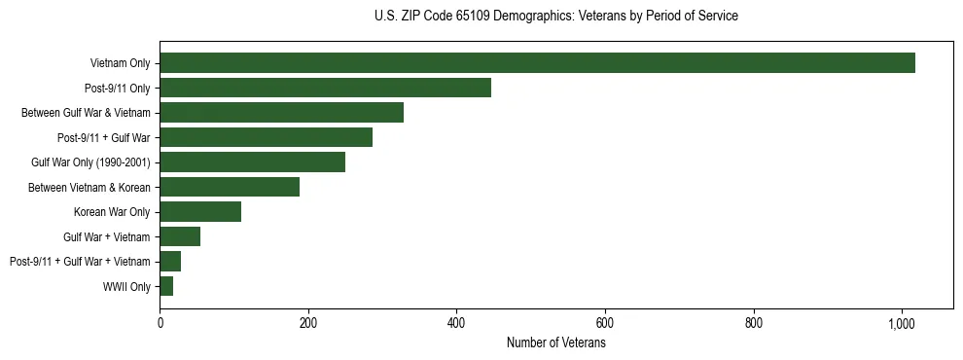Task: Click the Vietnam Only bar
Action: [x=537, y=63]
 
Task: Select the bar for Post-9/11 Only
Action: [x=325, y=88]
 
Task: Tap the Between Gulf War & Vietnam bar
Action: [x=281, y=113]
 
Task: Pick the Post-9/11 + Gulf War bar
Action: [x=266, y=137]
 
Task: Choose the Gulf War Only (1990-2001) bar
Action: [x=252, y=162]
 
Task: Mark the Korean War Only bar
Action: [x=200, y=212]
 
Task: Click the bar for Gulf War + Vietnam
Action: [x=180, y=236]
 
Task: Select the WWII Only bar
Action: [x=166, y=286]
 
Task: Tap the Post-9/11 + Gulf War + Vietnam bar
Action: [x=170, y=262]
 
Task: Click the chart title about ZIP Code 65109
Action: [x=555, y=17]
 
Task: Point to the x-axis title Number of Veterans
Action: [x=555, y=343]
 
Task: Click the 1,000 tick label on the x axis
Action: [x=902, y=323]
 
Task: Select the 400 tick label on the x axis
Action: [x=456, y=323]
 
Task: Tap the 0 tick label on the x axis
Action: [x=160, y=323]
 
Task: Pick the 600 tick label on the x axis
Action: [x=605, y=323]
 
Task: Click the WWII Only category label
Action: [x=126, y=286]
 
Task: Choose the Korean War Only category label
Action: [x=112, y=212]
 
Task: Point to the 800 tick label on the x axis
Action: [x=754, y=323]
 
